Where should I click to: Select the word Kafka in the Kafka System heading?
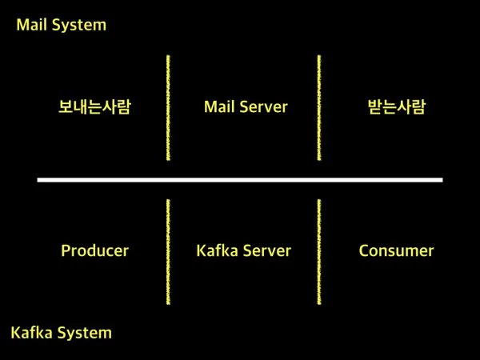coord(31,332)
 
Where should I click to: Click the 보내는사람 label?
coord(94,106)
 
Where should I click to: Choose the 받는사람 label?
coord(391,106)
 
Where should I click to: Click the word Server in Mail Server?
coord(264,106)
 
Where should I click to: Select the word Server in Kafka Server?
coord(266,250)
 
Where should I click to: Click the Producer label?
coord(94,250)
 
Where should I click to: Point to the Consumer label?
coord(396,250)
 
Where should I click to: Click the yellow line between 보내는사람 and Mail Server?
coord(168,108)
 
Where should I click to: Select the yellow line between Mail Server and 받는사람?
coord(318,108)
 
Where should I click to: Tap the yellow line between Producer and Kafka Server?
coord(168,252)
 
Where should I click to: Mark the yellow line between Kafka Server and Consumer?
coord(318,252)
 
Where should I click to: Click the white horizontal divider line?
coord(240,180)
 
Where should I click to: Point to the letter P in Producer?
coord(66,250)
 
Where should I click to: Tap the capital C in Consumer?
coord(364,250)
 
